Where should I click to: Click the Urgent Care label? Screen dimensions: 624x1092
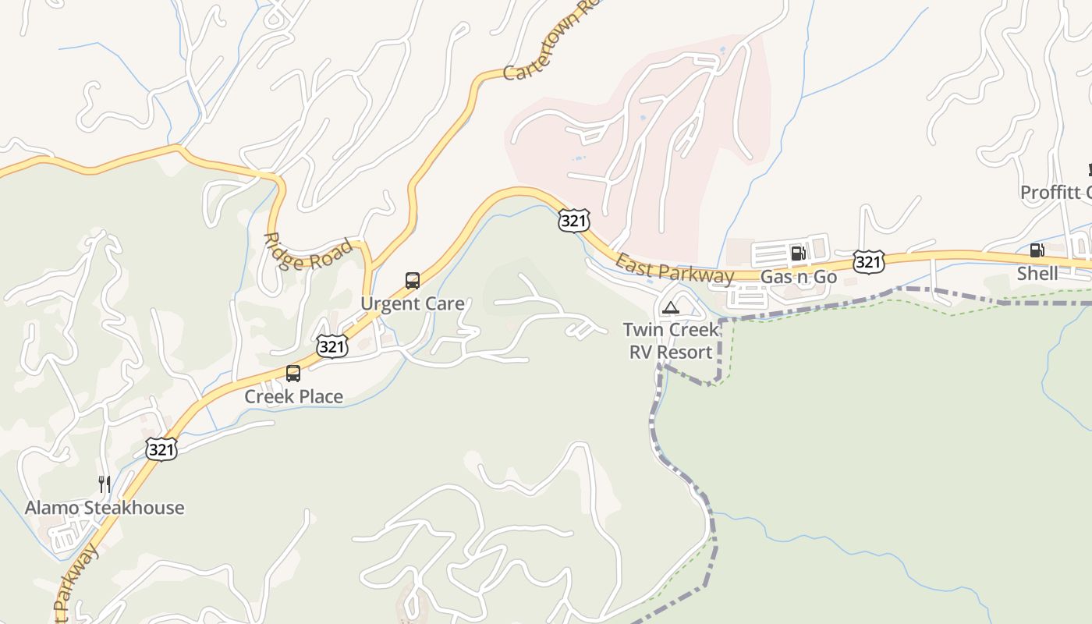click(412, 303)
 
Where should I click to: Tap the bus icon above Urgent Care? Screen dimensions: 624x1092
click(413, 281)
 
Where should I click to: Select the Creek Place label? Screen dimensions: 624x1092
click(293, 396)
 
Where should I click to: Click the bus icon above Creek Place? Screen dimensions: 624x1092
click(293, 374)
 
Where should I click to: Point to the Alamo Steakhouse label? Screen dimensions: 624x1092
click(105, 508)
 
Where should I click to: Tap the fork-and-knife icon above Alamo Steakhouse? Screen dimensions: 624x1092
click(105, 484)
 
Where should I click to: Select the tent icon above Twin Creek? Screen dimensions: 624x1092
click(670, 308)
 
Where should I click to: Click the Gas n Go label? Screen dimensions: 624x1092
click(798, 277)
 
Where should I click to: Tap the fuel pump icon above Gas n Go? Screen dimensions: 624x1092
click(798, 253)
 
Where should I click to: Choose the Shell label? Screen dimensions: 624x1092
click(1037, 273)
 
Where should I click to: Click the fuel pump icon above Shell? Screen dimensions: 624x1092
click(1037, 250)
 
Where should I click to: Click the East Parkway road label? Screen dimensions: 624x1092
click(674, 269)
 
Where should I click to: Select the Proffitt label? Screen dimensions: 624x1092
click(1055, 192)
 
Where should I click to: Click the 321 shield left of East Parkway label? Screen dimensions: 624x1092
click(573, 221)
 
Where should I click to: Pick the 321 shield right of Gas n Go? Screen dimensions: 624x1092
click(868, 262)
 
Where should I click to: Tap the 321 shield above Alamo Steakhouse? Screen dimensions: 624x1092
click(161, 448)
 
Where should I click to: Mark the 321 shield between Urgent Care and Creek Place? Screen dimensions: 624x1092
click(332, 346)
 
